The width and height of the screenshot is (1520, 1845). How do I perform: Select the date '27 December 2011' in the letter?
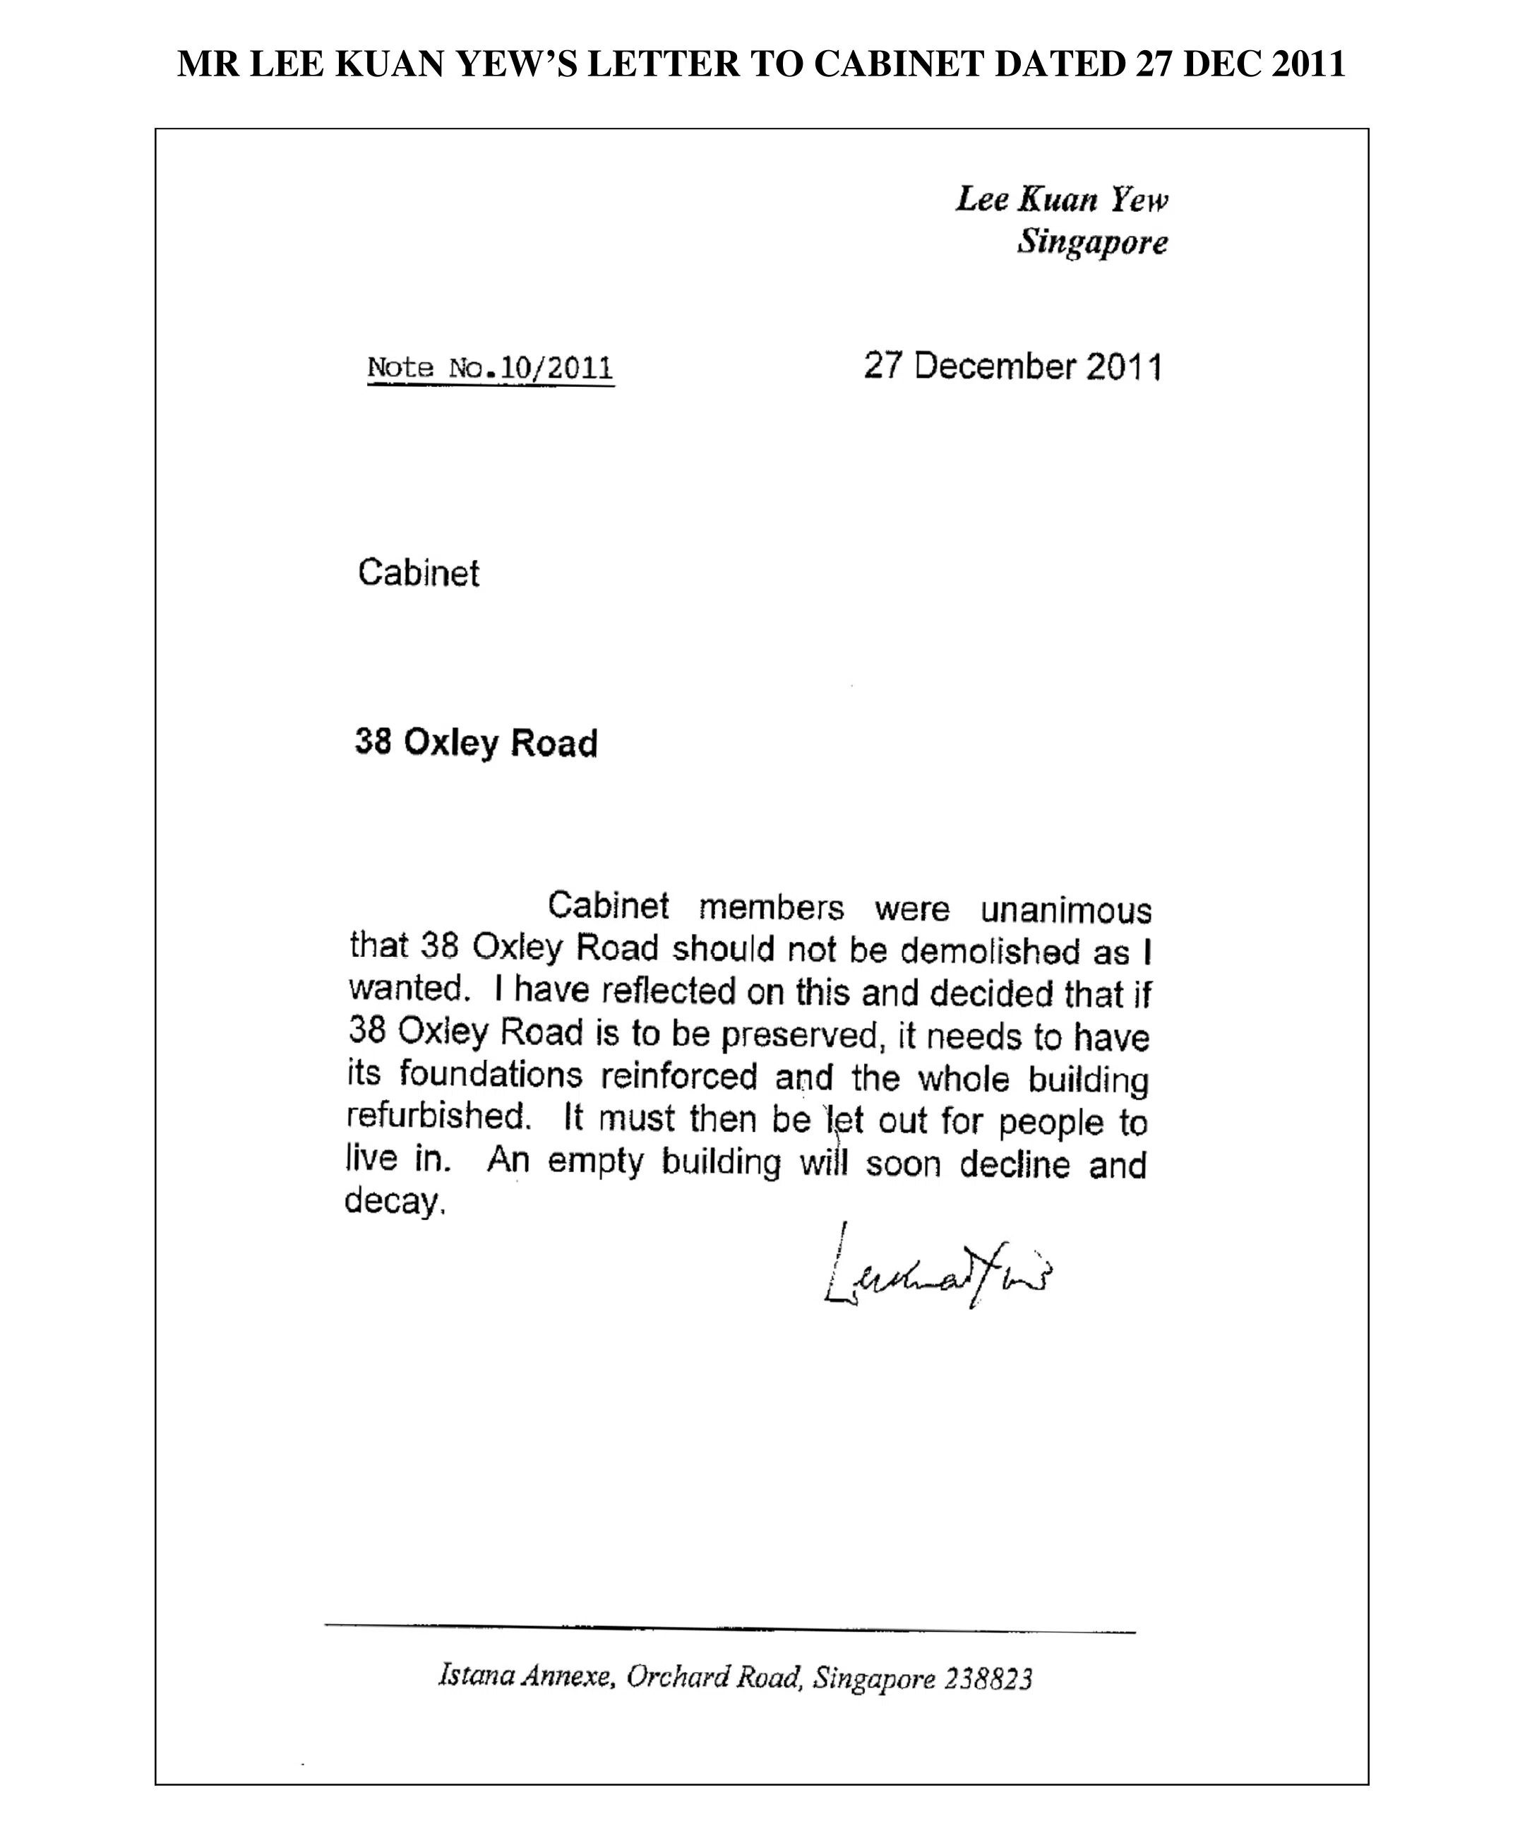tap(1013, 366)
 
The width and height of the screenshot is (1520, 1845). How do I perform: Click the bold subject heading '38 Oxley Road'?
tap(475, 743)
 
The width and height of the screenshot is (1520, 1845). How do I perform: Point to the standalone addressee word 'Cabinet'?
tap(419, 573)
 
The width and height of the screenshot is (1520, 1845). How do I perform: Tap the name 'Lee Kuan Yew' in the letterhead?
tap(1061, 200)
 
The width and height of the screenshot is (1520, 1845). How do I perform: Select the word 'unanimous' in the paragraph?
tap(1065, 912)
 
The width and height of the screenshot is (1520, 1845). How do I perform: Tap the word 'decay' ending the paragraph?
tap(393, 1200)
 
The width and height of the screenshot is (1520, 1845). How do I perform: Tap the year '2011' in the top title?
tap(1307, 64)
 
